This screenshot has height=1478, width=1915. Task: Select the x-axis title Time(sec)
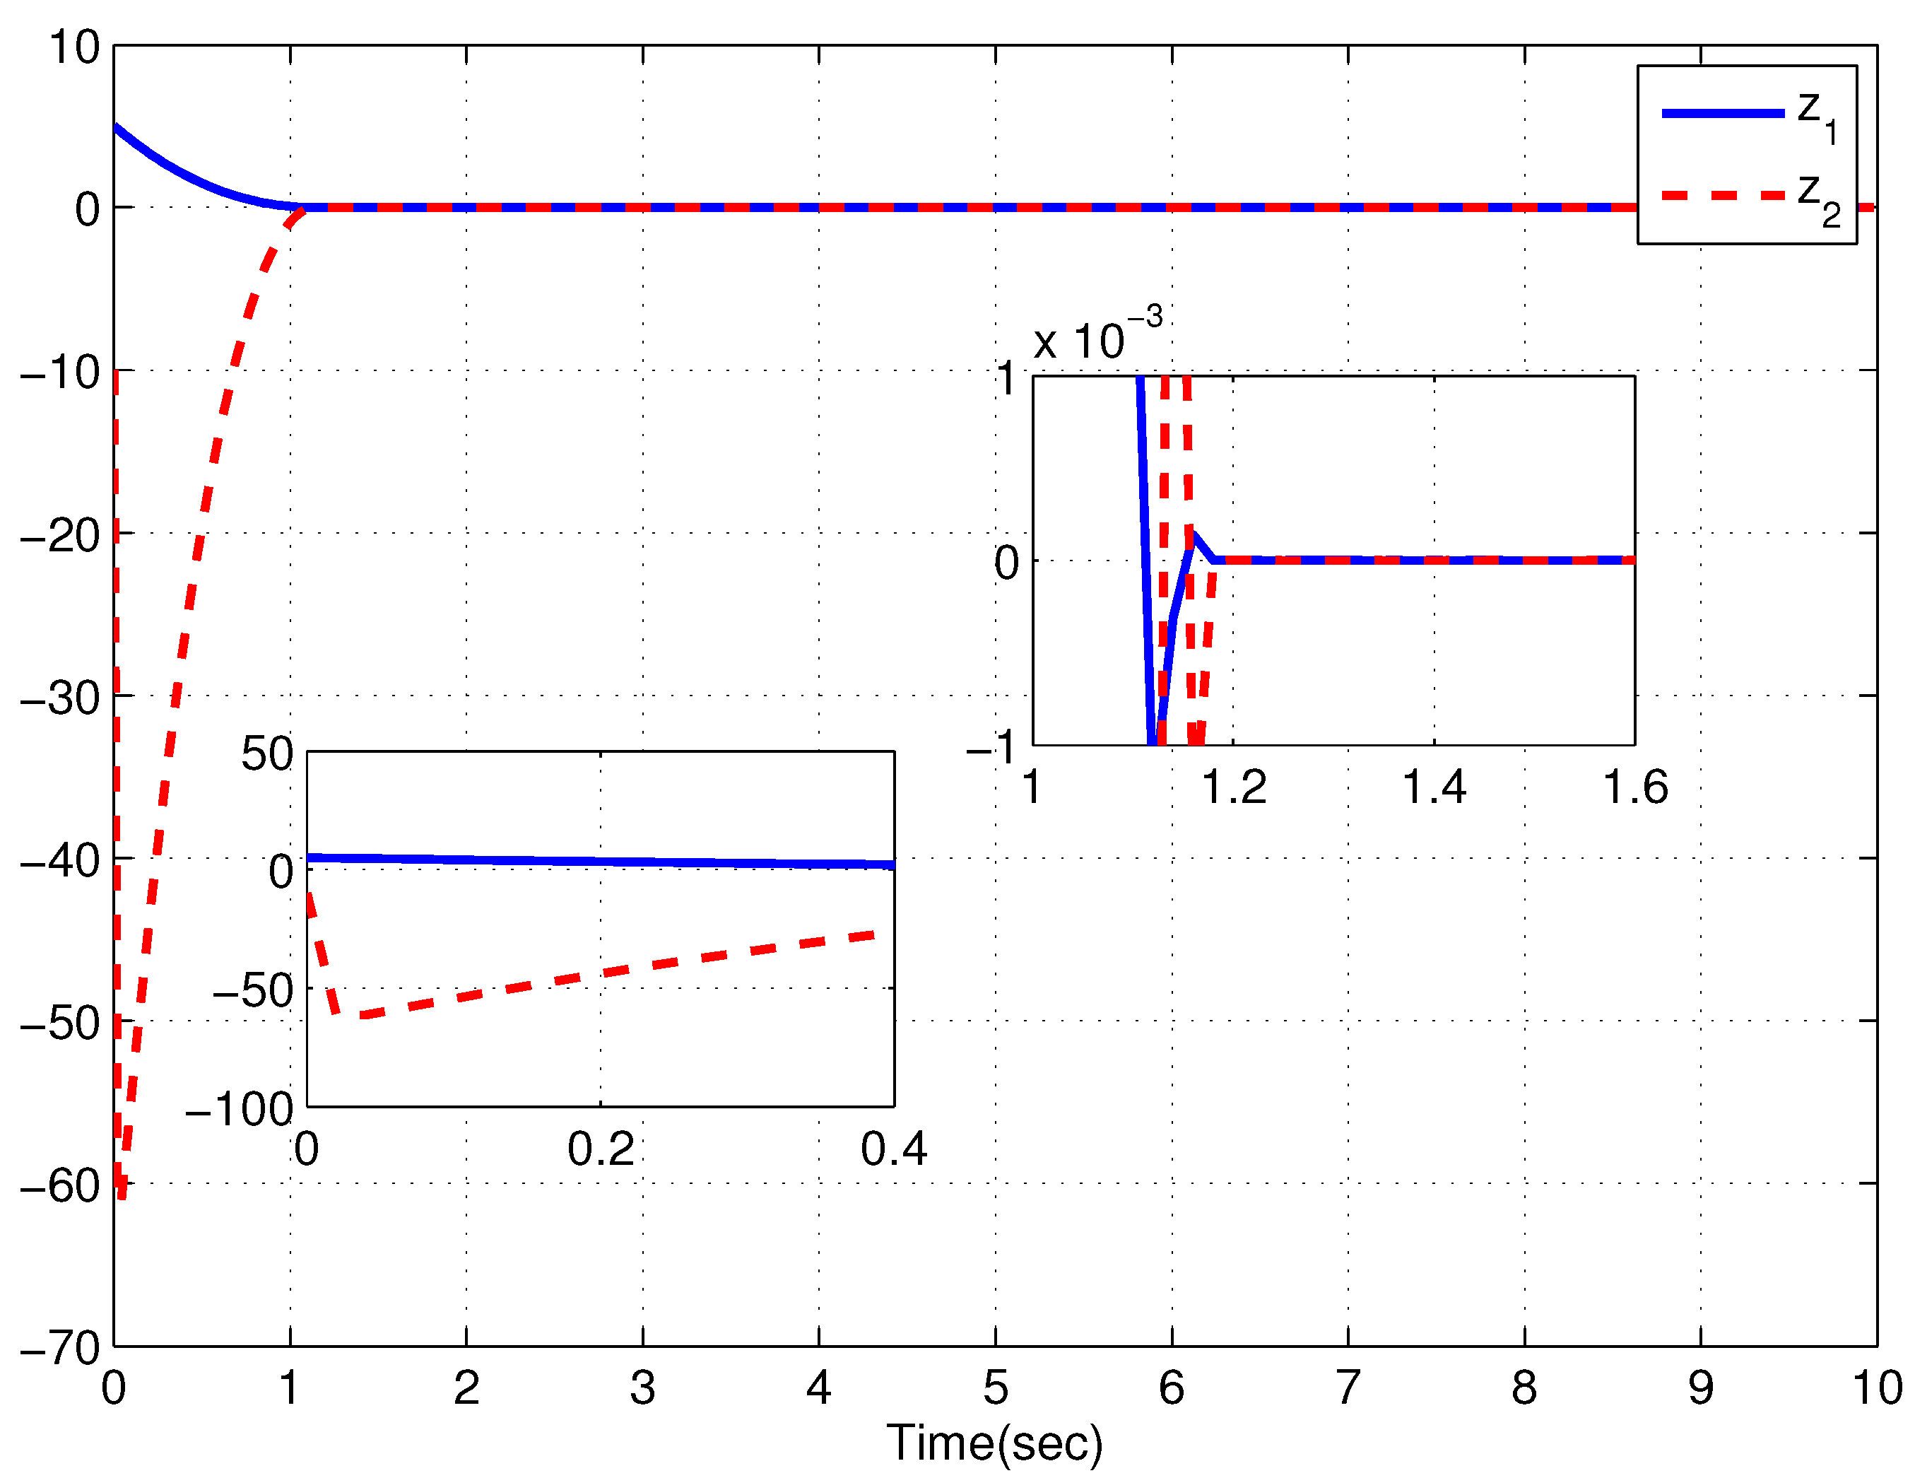[x=994, y=1443]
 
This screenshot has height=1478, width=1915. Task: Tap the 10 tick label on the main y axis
[x=73, y=47]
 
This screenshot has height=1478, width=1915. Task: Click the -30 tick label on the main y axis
[x=59, y=698]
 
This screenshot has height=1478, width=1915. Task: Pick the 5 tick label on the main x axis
[x=995, y=1388]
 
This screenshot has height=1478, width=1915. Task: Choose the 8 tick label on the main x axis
[x=1524, y=1388]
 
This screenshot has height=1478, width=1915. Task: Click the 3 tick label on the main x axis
[x=643, y=1388]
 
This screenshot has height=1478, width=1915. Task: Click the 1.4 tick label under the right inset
[x=1434, y=787]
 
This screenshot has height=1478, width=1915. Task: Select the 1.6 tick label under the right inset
[x=1635, y=787]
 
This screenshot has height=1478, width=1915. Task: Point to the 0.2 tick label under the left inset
[x=601, y=1149]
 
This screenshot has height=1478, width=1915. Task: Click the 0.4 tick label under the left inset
[x=893, y=1149]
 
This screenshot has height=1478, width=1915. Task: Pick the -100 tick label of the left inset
[x=239, y=1110]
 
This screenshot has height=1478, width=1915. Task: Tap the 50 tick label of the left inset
[x=266, y=754]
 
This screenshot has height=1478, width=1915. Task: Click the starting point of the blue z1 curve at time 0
[x=116, y=127]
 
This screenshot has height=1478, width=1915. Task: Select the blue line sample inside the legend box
[x=1723, y=113]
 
